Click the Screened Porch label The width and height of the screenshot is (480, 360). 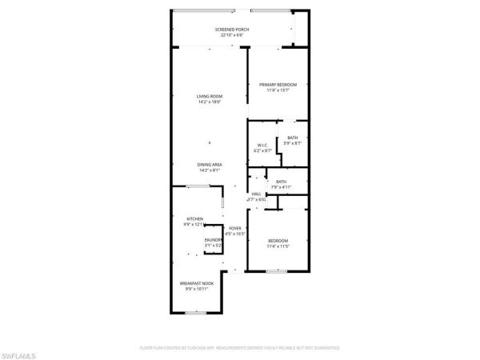[232, 30]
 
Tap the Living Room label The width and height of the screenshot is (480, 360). [209, 97]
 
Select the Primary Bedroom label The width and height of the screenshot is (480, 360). [278, 85]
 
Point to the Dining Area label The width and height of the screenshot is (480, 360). [210, 165]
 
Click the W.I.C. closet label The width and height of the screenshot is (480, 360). [262, 145]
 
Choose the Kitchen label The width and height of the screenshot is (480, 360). [194, 218]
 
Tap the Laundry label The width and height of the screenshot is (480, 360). [213, 239]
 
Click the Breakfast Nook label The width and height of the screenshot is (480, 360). [196, 284]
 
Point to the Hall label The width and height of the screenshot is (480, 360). [257, 194]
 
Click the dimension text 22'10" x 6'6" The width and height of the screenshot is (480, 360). [232, 35]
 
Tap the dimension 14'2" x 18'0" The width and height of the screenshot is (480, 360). [209, 102]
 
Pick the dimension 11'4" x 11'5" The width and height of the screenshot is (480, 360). [278, 246]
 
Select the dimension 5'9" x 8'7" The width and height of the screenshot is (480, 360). [293, 143]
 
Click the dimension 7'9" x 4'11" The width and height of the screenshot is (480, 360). [281, 187]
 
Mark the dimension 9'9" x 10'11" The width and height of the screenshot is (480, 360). [196, 290]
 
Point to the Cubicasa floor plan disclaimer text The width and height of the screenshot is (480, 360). [240, 348]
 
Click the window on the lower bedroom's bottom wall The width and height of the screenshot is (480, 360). [277, 271]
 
